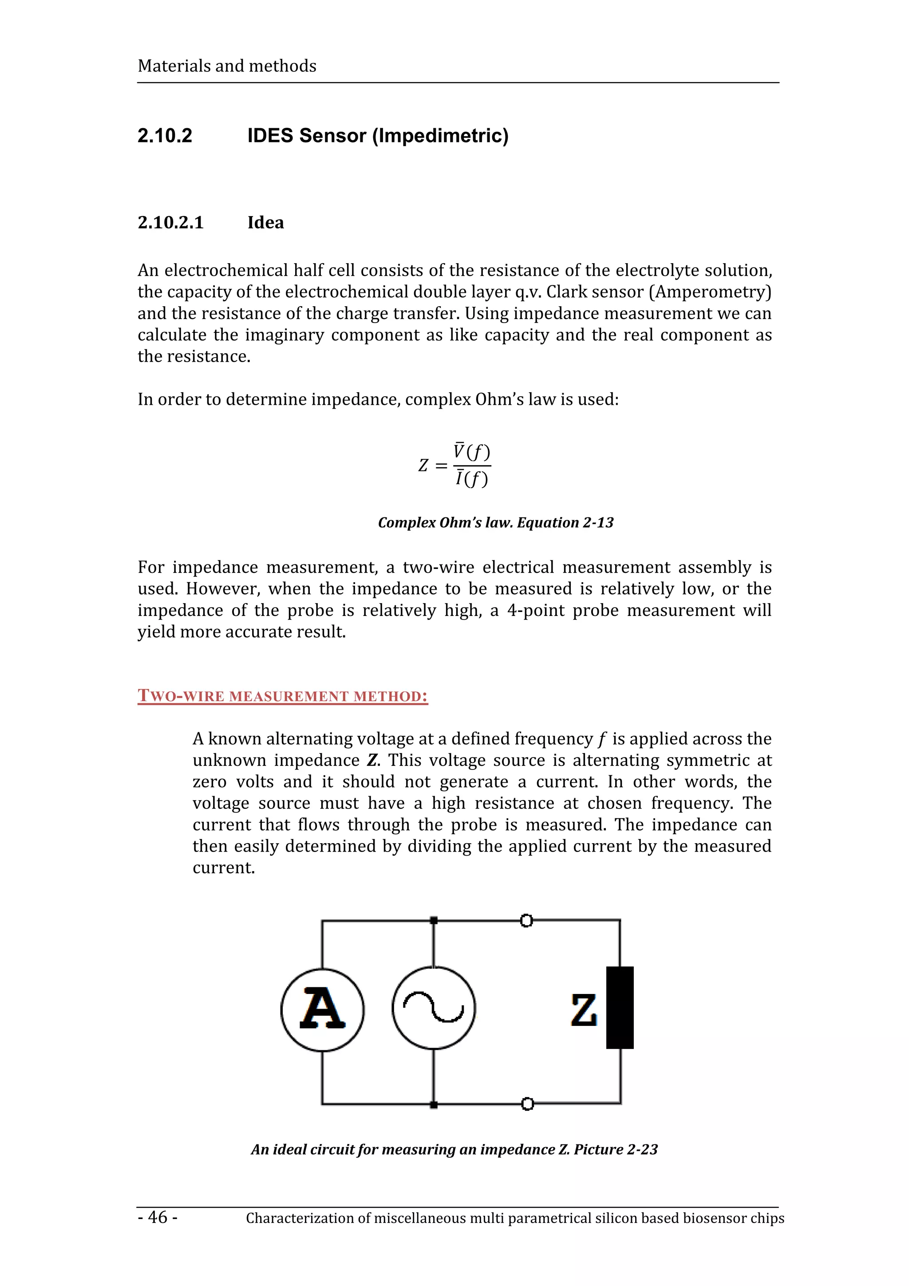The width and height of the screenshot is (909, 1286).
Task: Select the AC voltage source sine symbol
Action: (x=434, y=1008)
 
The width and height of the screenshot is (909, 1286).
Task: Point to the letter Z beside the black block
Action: (x=584, y=1010)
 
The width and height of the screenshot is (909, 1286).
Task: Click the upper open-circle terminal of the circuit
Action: (x=526, y=921)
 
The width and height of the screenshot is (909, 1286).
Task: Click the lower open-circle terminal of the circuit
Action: (x=526, y=1104)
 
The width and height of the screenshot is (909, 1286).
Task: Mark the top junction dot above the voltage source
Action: (x=434, y=920)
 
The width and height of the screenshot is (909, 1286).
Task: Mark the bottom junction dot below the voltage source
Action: (x=434, y=1105)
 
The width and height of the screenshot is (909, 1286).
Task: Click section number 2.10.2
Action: (x=165, y=135)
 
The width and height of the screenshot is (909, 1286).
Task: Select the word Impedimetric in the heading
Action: (x=440, y=135)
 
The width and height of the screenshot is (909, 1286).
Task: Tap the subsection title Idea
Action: (x=265, y=222)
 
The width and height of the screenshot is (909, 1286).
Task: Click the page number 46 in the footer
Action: (x=158, y=1217)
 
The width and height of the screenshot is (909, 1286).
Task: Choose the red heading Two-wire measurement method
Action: (x=283, y=696)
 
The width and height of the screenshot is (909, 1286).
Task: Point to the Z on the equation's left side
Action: (x=423, y=465)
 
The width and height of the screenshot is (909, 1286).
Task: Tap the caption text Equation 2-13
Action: (x=565, y=523)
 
